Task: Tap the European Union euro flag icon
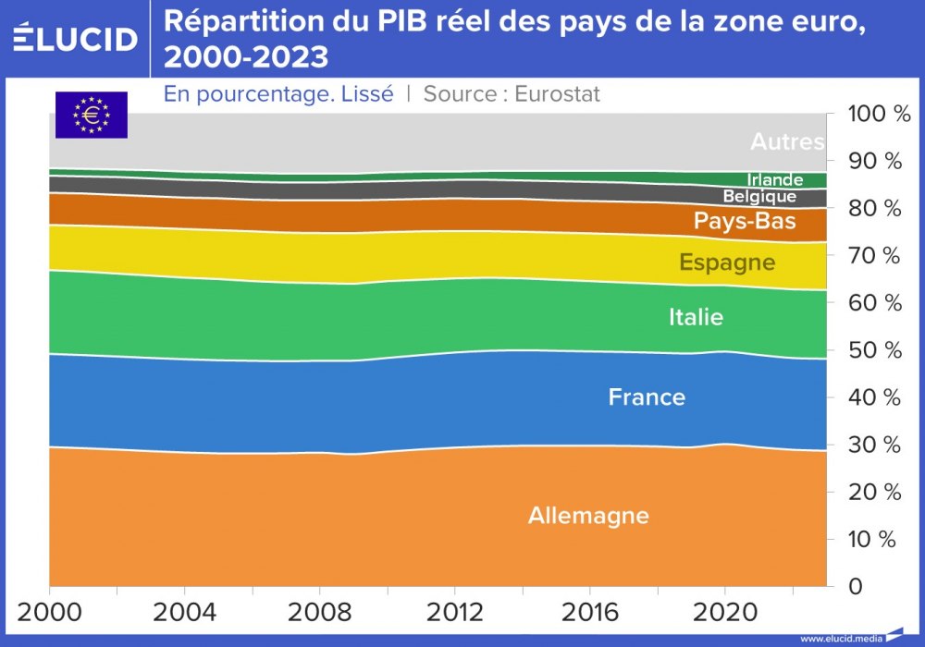tap(91, 115)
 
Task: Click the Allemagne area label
tap(588, 516)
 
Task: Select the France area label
tap(647, 397)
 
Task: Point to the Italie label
tap(696, 317)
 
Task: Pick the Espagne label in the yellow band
tap(727, 262)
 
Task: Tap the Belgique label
tap(759, 197)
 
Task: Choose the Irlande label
tap(774, 180)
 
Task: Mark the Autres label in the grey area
tap(786, 142)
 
